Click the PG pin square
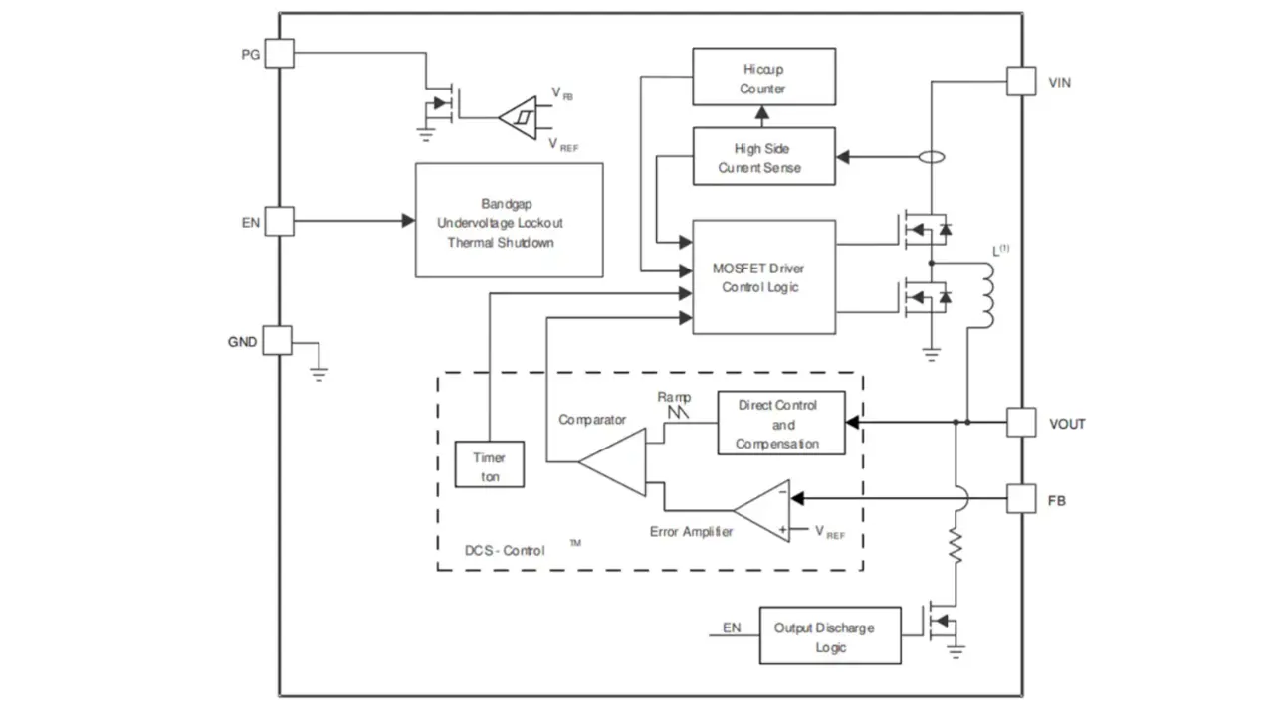click(x=280, y=53)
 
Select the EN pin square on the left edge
click(x=280, y=221)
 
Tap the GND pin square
click(x=278, y=341)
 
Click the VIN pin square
click(x=1021, y=81)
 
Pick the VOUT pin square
click(x=1021, y=422)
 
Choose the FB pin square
click(x=1021, y=498)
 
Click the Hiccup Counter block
click(x=763, y=78)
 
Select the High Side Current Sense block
click(x=763, y=157)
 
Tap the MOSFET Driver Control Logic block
click(x=763, y=277)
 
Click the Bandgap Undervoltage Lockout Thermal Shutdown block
click(x=509, y=221)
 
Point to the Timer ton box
click(x=490, y=465)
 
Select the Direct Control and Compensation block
click(x=781, y=424)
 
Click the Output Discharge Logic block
click(x=830, y=636)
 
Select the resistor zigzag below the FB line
click(x=957, y=547)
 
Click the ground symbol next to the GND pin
click(x=318, y=372)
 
